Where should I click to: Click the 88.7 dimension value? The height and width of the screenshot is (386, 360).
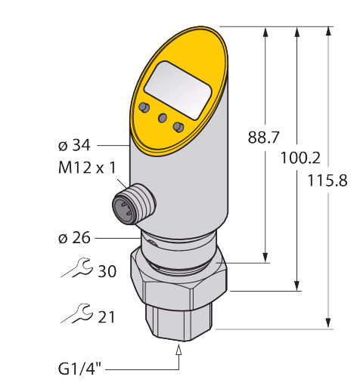264,137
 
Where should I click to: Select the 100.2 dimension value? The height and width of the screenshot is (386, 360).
300,159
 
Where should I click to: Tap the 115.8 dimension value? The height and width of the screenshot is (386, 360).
327,181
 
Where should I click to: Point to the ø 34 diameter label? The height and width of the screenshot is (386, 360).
74,146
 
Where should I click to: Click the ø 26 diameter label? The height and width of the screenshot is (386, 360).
74,238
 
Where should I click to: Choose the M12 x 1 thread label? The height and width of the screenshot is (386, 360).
87,168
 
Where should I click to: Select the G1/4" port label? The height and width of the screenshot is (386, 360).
79,369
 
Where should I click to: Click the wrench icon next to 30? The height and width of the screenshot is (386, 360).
76,268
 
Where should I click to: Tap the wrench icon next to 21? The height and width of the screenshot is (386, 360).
76,313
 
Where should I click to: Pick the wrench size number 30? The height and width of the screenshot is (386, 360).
107,271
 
